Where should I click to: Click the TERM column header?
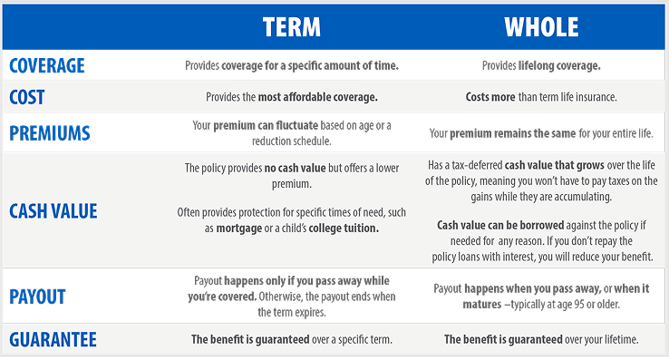[x=291, y=27]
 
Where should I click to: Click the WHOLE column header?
[x=541, y=27]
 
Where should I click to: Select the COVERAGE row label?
[x=47, y=66]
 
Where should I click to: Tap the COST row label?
[x=27, y=97]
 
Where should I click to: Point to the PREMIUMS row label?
[x=50, y=133]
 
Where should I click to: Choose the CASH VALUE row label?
[x=53, y=211]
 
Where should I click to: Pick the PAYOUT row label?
[x=37, y=297]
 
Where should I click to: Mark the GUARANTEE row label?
[x=53, y=339]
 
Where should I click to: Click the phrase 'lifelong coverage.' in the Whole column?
[x=559, y=66]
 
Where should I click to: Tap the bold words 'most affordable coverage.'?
[x=318, y=97]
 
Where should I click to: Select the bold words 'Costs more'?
[x=490, y=97]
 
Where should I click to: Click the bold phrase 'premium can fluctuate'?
[x=266, y=125]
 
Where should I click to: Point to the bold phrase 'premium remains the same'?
[x=513, y=133]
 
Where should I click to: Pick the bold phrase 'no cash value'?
[x=296, y=168]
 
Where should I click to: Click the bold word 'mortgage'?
[x=239, y=229]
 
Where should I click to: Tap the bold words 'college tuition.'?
[x=344, y=228]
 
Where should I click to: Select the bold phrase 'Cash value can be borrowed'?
[x=500, y=225]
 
